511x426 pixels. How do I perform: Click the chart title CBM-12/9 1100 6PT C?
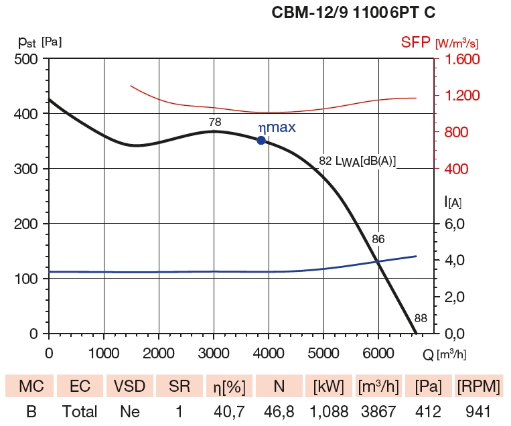(x=355, y=12)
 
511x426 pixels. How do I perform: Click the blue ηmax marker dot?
(x=261, y=140)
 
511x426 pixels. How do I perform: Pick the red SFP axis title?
(x=416, y=42)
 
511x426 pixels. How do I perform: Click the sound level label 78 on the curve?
(x=215, y=122)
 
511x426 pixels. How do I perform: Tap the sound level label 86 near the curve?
(x=378, y=238)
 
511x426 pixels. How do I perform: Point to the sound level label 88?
(x=421, y=318)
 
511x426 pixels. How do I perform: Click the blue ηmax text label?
(x=277, y=127)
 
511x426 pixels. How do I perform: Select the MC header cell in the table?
(x=31, y=386)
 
